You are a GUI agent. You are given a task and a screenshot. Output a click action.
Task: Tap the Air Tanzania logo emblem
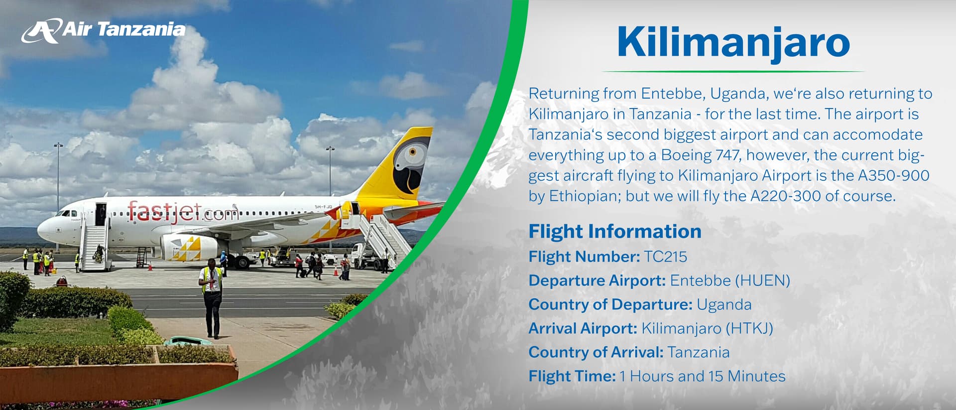tap(41, 31)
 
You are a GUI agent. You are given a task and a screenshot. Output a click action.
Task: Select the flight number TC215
tap(665, 257)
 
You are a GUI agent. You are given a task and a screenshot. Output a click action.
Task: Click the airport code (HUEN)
tap(763, 280)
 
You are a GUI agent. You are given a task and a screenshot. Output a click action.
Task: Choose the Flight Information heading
tap(615, 232)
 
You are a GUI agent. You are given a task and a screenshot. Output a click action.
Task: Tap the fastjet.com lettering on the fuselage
tap(183, 212)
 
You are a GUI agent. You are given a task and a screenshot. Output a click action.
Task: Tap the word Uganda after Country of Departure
tap(724, 304)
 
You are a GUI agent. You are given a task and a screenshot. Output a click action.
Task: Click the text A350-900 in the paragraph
tap(893, 175)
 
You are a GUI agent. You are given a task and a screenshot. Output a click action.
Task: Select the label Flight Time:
tap(572, 376)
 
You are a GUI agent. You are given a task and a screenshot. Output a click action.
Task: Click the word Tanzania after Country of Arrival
tap(699, 352)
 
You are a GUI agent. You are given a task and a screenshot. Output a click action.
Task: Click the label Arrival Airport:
tap(583, 328)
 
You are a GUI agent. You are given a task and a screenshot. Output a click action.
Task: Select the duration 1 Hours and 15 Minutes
tap(703, 376)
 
